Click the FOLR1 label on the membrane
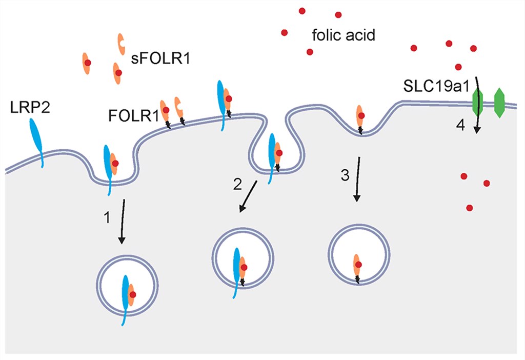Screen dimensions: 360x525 click(x=132, y=115)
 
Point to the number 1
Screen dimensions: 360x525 click(x=107, y=217)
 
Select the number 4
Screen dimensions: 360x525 click(x=461, y=125)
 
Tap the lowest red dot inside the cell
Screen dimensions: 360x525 click(x=470, y=208)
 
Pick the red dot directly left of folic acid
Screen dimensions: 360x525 click(x=285, y=33)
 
